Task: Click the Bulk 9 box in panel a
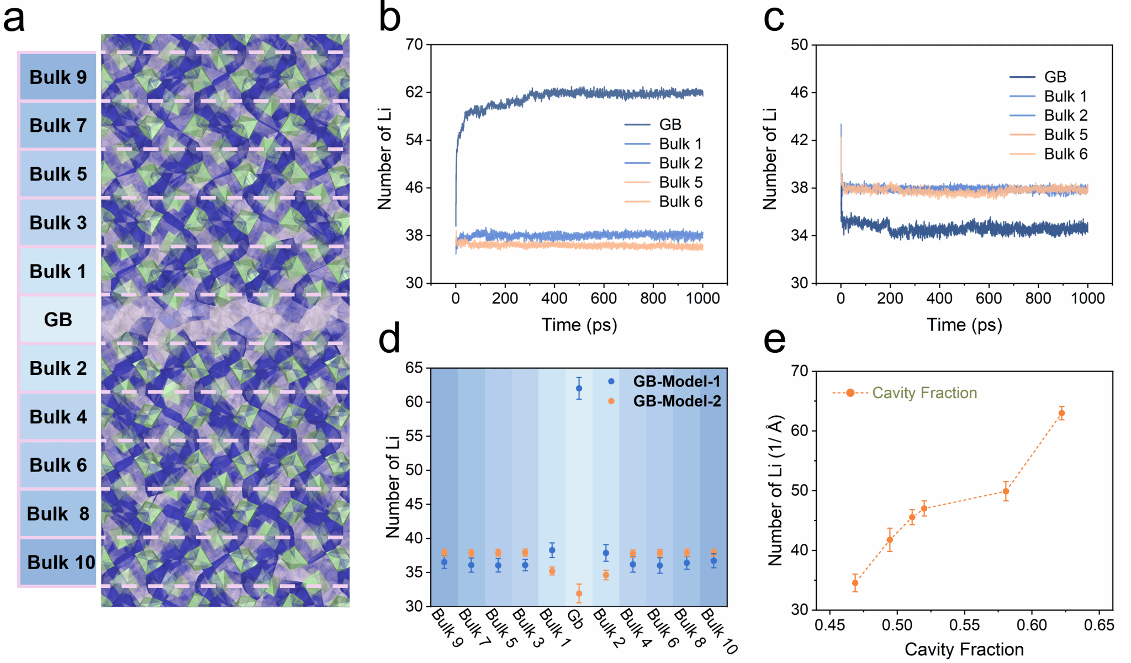(x=58, y=77)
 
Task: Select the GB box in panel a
(x=58, y=320)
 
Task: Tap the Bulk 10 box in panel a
(x=61, y=562)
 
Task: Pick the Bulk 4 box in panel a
(x=58, y=417)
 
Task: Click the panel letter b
(x=389, y=18)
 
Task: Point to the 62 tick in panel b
(x=414, y=92)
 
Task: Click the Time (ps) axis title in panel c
(x=964, y=325)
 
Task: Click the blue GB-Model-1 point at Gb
(x=579, y=389)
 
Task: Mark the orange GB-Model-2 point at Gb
(x=579, y=594)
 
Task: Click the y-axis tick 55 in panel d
(x=414, y=436)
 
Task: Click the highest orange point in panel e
(x=1061, y=413)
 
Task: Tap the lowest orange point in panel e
(x=855, y=583)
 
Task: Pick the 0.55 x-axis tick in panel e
(x=964, y=625)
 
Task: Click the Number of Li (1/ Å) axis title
(x=775, y=490)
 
